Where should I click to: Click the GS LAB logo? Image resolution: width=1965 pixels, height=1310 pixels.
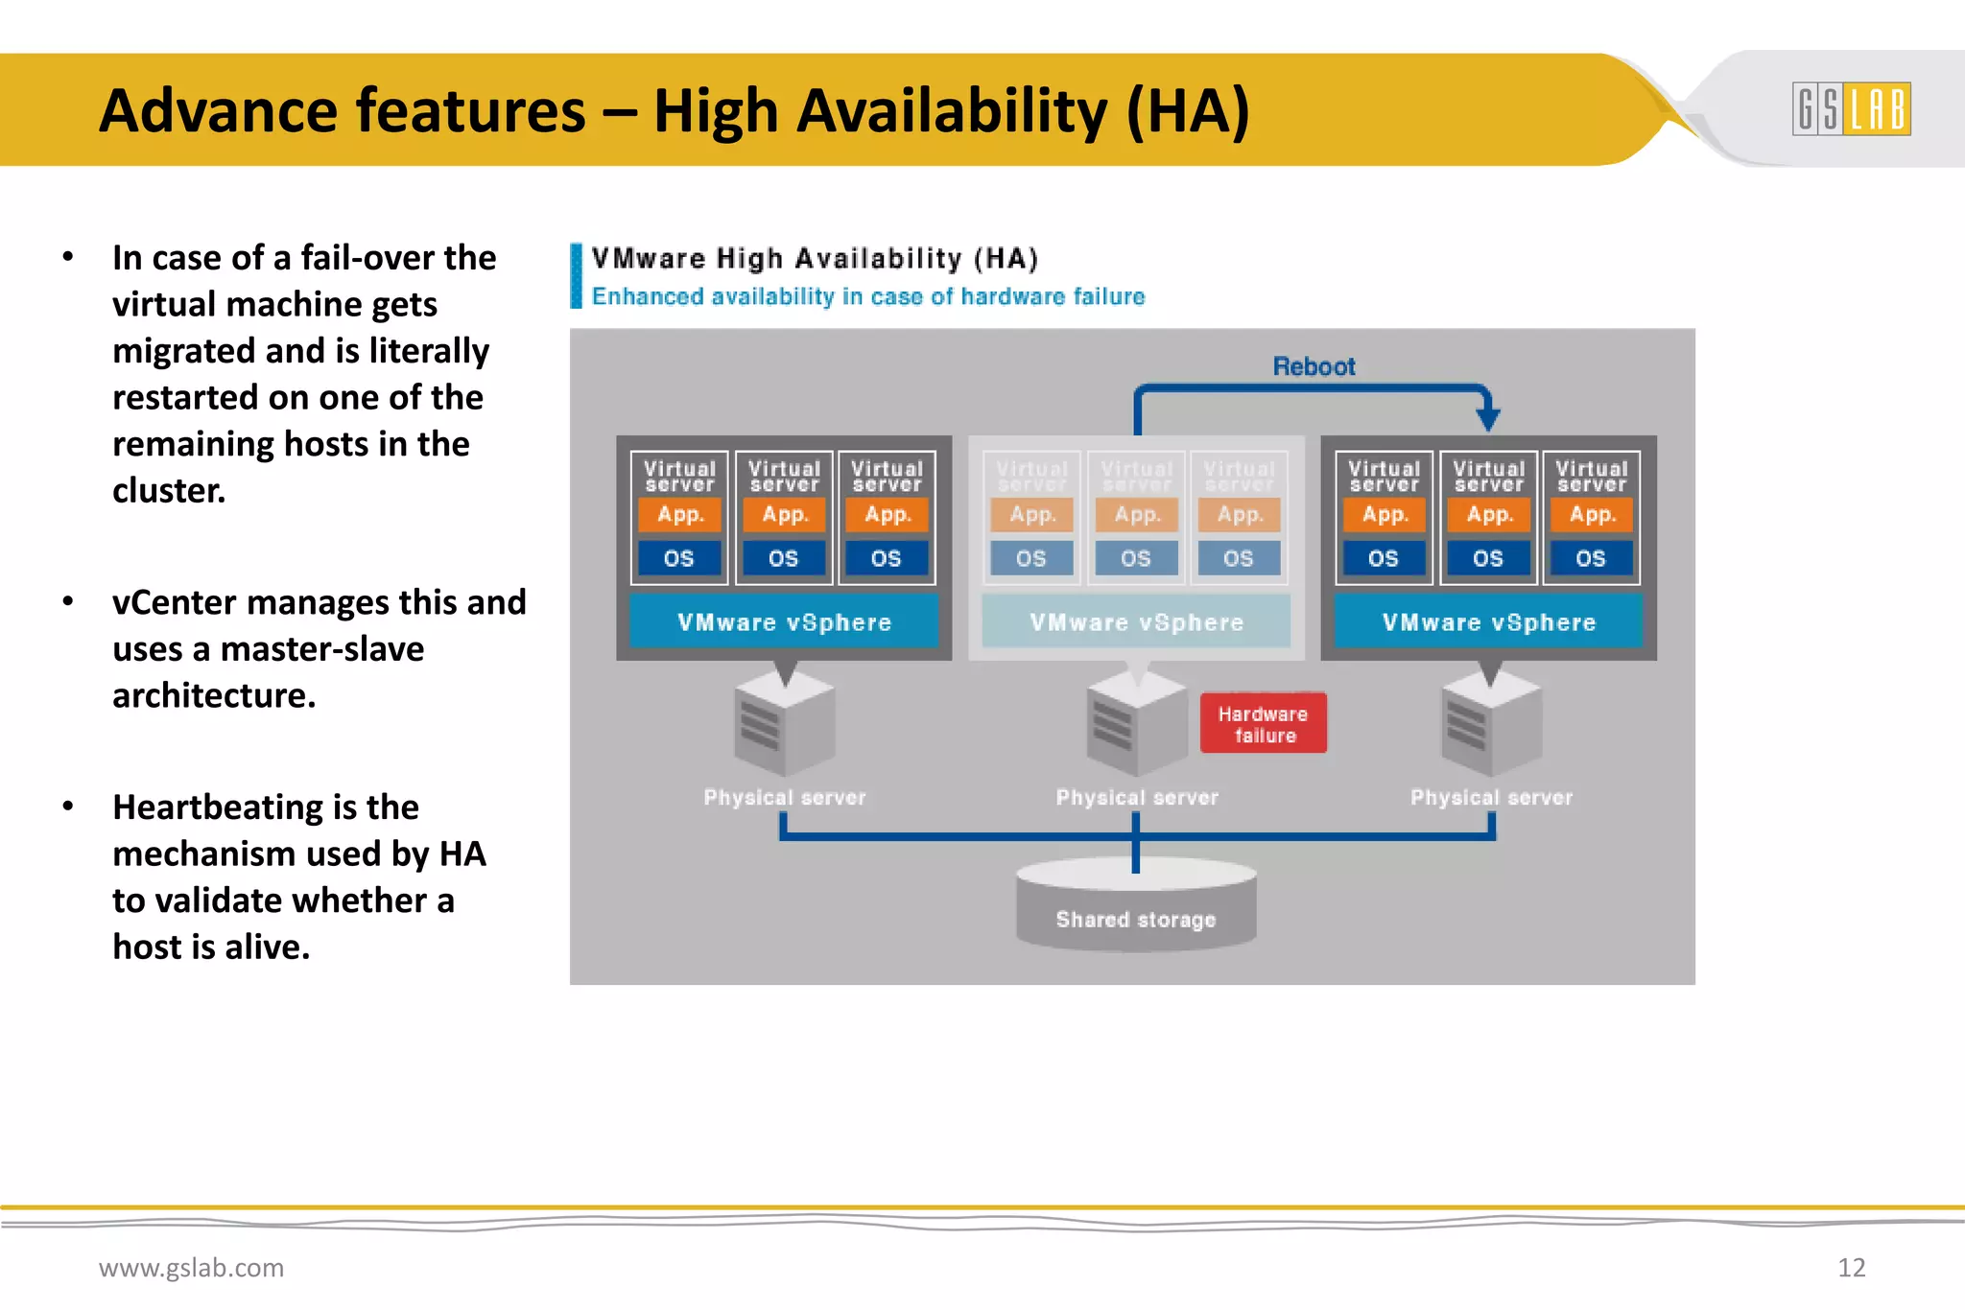pyautogui.click(x=1851, y=108)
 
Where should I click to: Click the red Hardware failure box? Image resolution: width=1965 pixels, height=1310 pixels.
pyautogui.click(x=1263, y=724)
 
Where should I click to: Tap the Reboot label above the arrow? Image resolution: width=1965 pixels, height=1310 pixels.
pyautogui.click(x=1314, y=366)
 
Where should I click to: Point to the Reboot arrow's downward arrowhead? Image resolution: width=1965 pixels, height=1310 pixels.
pyautogui.click(x=1488, y=418)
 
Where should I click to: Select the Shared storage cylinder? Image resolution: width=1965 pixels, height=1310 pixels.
pyautogui.click(x=1136, y=906)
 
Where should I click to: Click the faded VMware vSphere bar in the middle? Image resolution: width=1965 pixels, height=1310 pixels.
pyautogui.click(x=1136, y=622)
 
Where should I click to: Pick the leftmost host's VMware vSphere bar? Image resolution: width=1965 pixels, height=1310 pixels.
pyautogui.click(x=784, y=622)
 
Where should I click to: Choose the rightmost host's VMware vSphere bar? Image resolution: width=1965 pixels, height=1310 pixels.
pyautogui.click(x=1488, y=622)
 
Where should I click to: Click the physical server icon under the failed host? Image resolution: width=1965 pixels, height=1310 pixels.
pyautogui.click(x=1136, y=726)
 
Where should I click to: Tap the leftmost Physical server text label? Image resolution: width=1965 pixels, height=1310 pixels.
pyautogui.click(x=784, y=798)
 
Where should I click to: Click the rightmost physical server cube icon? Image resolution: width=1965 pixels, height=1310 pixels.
pyautogui.click(x=1490, y=726)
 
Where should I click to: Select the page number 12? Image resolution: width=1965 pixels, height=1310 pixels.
pyautogui.click(x=1851, y=1268)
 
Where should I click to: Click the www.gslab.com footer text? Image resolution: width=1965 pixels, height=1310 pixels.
pyautogui.click(x=191, y=1268)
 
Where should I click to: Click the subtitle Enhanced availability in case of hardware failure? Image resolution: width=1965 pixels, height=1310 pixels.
pyautogui.click(x=867, y=297)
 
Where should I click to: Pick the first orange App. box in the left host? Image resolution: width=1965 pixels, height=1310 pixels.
pyautogui.click(x=680, y=515)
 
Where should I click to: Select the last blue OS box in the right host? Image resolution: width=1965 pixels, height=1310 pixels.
pyautogui.click(x=1590, y=558)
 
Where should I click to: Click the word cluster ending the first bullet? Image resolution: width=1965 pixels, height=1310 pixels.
pyautogui.click(x=168, y=491)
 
